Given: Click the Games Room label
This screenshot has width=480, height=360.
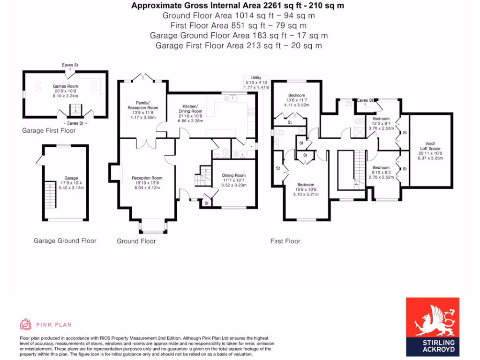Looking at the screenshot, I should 65,86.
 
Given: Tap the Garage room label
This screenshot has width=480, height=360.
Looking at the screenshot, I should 71,178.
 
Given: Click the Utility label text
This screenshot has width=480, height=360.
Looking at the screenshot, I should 255,78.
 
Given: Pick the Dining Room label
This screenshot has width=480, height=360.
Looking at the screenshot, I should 233,175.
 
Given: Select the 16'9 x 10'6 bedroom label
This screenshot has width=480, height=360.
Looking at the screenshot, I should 306,184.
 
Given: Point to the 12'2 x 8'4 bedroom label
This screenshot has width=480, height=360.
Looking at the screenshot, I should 381,119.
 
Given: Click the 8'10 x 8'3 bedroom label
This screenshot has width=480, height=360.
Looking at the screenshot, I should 381,167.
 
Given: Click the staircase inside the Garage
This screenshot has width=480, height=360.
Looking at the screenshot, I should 50,195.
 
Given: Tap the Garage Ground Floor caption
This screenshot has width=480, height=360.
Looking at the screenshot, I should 65,240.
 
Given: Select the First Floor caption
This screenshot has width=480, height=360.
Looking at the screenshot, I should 285,241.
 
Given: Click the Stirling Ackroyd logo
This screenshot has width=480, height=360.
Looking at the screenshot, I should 432,327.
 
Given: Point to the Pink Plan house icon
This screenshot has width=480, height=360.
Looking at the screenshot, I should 25,324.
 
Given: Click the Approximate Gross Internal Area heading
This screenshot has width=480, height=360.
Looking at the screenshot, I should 239,6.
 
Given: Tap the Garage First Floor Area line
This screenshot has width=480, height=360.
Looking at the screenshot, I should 239,45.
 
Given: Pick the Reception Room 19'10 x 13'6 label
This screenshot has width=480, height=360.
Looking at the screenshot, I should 147,178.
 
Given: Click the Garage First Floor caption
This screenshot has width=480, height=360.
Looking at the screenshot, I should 49,130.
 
